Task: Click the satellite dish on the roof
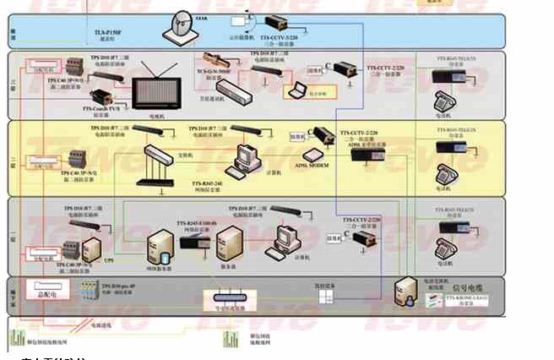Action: (182, 28)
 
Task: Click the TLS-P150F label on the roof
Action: (107, 32)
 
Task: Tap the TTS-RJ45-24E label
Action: (207, 183)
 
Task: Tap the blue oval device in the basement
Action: (229, 297)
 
